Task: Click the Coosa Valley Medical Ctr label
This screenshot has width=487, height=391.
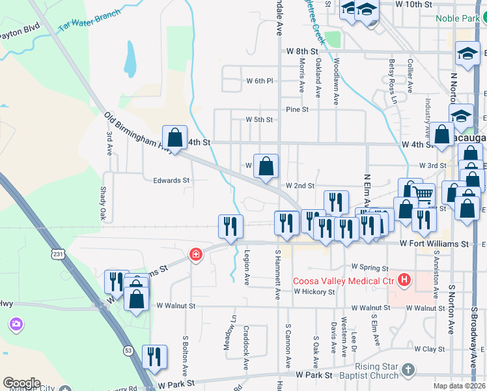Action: [x=344, y=281]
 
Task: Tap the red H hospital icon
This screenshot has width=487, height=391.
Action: [x=404, y=281]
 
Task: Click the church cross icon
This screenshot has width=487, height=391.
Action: [x=408, y=370]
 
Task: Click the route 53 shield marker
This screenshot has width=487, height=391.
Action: [x=128, y=351]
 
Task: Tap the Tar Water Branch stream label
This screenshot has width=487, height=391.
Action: [x=89, y=21]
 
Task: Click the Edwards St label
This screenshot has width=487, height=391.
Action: [x=171, y=181]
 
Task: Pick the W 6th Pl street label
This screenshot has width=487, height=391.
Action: [x=258, y=81]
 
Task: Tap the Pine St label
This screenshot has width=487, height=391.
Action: [x=296, y=109]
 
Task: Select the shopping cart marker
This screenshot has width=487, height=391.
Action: [x=423, y=194]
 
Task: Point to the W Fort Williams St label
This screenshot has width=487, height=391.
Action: [x=434, y=244]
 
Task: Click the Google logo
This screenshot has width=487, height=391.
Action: [x=21, y=383]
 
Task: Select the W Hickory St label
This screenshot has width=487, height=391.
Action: [x=314, y=292]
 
